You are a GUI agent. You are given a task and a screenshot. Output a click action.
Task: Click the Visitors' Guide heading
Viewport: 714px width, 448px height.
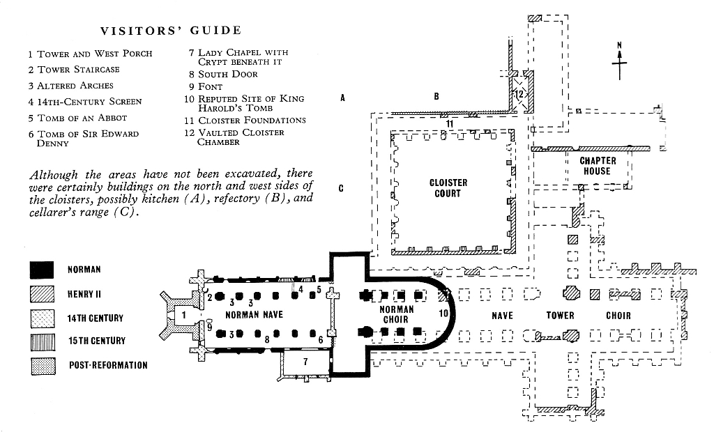(171, 31)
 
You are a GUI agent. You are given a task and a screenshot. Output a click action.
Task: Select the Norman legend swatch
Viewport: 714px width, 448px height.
(42, 270)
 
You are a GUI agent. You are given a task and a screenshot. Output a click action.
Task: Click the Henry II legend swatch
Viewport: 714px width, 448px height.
(42, 294)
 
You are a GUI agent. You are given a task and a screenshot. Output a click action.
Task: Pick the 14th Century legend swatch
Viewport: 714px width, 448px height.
(42, 318)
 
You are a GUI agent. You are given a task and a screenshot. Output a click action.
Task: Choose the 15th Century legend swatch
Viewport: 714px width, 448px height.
(42, 341)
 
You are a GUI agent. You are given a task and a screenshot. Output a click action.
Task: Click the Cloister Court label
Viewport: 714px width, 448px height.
(448, 188)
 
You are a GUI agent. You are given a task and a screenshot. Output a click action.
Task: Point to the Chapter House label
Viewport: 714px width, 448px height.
(598, 166)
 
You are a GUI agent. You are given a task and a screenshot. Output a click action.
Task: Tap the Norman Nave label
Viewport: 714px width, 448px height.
(254, 315)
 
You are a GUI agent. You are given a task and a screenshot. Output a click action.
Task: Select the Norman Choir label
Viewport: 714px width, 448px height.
(396, 314)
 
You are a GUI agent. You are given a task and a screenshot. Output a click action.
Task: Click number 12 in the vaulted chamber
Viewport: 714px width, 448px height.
(519, 93)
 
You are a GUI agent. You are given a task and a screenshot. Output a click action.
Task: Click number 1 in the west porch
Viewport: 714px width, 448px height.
(184, 315)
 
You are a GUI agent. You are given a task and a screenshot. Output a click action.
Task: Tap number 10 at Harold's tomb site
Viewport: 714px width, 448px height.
(444, 314)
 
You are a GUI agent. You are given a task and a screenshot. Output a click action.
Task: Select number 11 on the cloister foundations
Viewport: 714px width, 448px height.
(450, 123)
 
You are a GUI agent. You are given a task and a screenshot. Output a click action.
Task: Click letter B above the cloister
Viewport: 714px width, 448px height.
(436, 97)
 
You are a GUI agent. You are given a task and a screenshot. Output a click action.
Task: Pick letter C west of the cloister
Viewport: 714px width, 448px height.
(342, 188)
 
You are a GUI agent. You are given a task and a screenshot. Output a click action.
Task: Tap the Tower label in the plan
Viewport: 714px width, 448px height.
(560, 316)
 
